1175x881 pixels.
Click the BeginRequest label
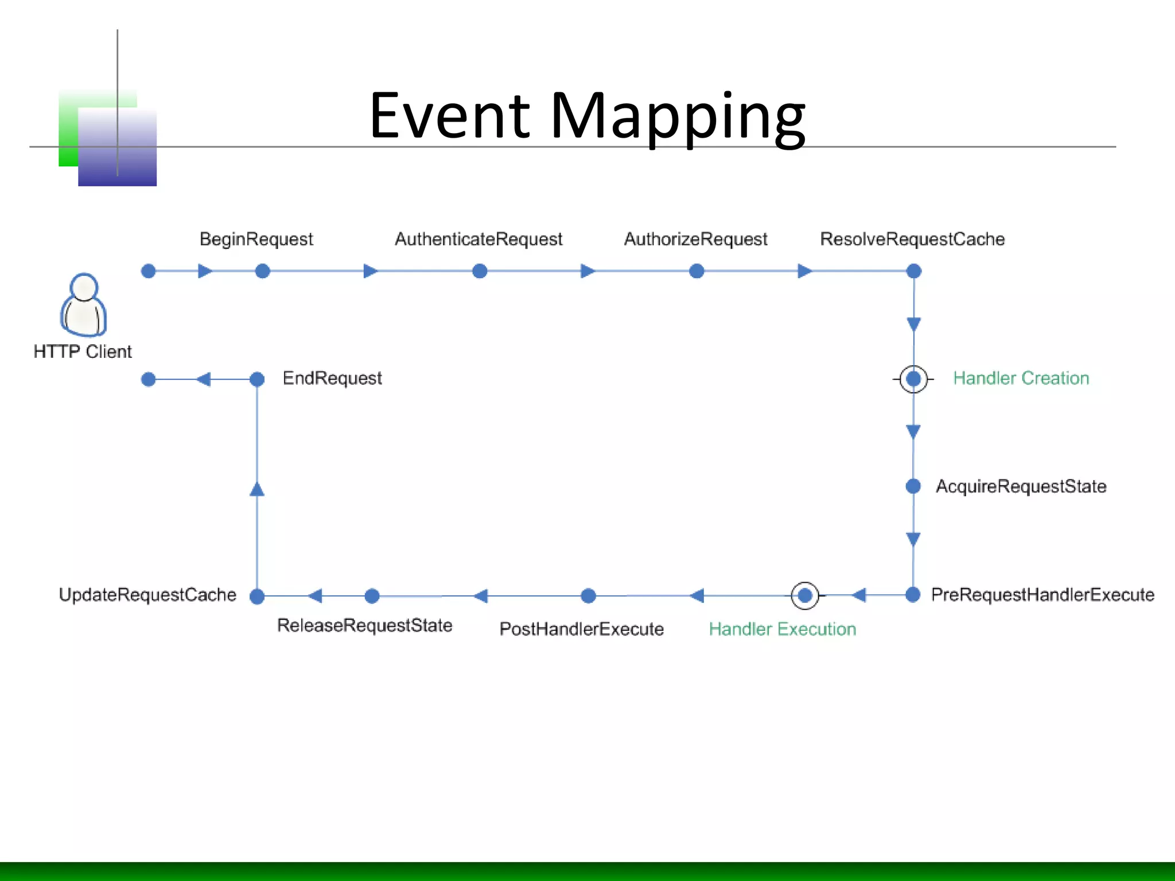256,239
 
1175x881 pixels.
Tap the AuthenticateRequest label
478,239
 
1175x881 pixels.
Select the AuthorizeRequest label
695,239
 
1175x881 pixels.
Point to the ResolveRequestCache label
912,239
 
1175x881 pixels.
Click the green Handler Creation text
1021,378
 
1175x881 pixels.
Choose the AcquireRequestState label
1021,486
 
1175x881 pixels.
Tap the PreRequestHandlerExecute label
1042,595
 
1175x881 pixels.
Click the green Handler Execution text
782,629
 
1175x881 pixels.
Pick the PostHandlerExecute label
581,629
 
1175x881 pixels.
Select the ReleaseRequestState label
364,625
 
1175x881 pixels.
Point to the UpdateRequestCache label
147,595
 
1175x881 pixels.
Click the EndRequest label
332,378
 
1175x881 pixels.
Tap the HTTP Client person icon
84,305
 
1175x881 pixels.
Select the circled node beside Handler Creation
913,379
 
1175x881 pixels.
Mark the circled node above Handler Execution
804,596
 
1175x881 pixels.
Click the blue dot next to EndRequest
257,379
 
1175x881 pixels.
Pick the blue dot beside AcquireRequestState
913,486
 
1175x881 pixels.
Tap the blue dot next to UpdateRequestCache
257,597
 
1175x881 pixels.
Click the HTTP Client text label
83,351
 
